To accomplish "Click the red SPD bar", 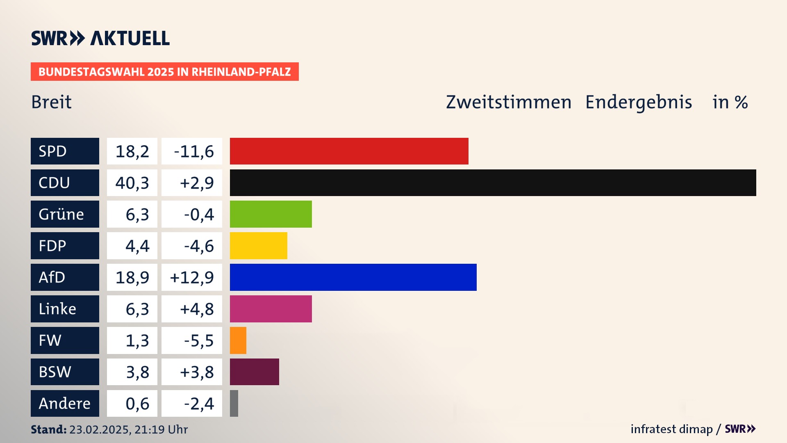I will click(349, 151).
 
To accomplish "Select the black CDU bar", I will click(493, 183).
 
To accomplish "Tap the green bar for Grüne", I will click(271, 214).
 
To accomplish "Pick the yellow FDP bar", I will click(258, 246).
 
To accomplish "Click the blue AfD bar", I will click(353, 277).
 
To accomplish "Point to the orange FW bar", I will click(238, 340).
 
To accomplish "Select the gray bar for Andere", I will click(234, 404).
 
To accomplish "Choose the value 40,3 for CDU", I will click(132, 183).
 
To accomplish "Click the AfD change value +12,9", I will click(192, 278).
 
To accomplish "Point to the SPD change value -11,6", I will click(193, 151).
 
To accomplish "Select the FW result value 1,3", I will click(137, 340).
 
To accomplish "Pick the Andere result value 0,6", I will click(137, 404).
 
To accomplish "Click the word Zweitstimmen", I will click(508, 102).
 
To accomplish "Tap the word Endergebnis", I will click(638, 102).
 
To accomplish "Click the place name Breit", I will click(51, 102).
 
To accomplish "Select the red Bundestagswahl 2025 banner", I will click(164, 72).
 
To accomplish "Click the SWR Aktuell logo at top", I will click(100, 38).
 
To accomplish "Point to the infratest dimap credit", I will click(671, 429).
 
